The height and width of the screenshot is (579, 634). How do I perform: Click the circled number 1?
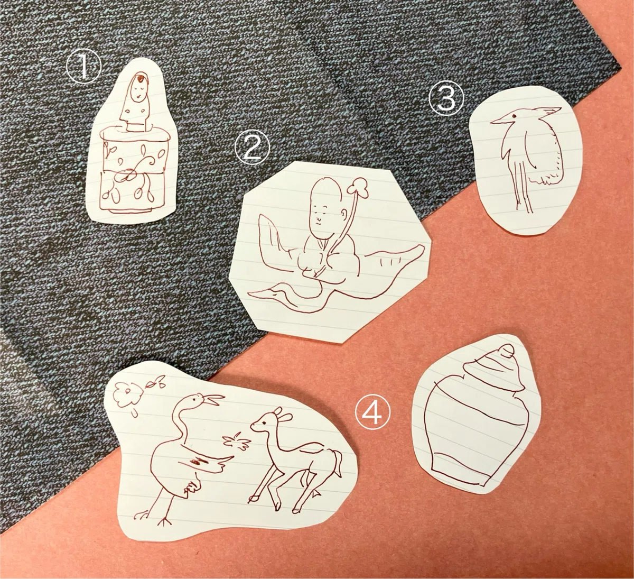click(x=83, y=67)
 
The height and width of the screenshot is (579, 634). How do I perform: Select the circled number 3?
click(x=446, y=99)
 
